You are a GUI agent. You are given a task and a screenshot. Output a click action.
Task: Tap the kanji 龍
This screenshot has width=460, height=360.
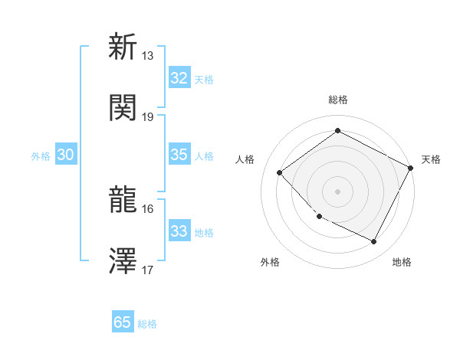(x=123, y=200)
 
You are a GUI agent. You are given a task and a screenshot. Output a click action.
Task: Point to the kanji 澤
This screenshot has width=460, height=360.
(x=123, y=261)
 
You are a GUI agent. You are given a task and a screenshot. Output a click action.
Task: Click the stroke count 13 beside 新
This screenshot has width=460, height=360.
(x=148, y=56)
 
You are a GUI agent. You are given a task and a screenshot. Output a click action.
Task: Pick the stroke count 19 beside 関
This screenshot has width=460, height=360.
(x=148, y=116)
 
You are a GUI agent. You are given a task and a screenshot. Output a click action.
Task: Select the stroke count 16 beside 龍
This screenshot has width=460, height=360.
(x=148, y=209)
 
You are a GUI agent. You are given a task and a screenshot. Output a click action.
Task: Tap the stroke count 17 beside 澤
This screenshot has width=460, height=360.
(x=148, y=270)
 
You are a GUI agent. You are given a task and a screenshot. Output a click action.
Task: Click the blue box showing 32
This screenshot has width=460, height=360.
(x=179, y=78)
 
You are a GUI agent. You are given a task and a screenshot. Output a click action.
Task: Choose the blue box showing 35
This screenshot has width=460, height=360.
(x=179, y=155)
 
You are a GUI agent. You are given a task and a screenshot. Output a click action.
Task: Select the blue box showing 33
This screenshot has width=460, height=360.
(x=179, y=231)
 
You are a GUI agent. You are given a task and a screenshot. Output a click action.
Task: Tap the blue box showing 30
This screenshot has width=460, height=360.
(x=65, y=155)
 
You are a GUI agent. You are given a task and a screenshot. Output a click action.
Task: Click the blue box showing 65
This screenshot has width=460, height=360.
(x=123, y=322)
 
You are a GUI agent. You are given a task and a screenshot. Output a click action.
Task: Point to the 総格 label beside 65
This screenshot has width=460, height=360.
(x=147, y=324)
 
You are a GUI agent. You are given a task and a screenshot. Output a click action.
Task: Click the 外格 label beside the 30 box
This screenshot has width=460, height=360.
(x=41, y=156)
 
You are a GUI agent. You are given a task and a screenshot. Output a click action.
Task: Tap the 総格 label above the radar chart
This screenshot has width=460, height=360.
(x=337, y=100)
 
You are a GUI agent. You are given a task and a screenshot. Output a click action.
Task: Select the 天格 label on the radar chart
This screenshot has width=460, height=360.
(x=431, y=159)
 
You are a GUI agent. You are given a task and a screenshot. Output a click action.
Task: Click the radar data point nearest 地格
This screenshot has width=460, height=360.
(x=374, y=242)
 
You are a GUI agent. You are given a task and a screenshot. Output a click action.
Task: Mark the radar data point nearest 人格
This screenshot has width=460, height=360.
(x=280, y=172)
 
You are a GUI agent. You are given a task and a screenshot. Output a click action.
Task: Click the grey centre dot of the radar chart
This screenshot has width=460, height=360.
(x=337, y=191)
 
